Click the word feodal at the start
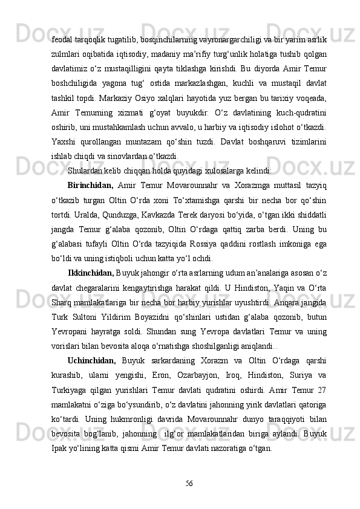point(62,40)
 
